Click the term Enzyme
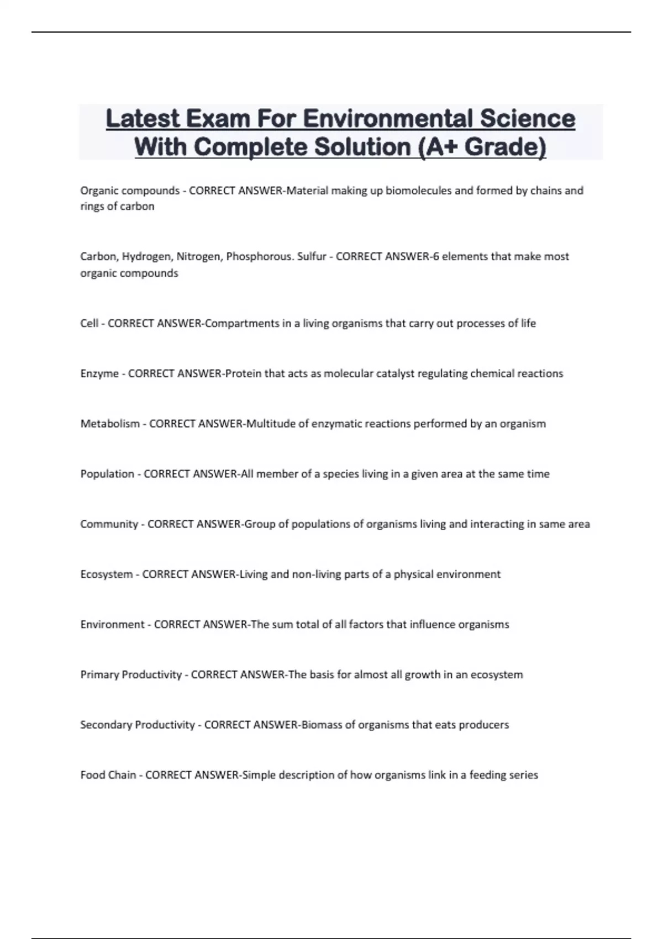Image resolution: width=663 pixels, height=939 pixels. (x=99, y=373)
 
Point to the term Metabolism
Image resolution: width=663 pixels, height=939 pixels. (x=110, y=424)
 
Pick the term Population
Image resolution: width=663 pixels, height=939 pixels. (x=107, y=474)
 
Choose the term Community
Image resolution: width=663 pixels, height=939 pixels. (x=109, y=524)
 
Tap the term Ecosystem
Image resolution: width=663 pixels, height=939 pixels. (x=107, y=574)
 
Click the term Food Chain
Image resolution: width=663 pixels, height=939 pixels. (x=108, y=775)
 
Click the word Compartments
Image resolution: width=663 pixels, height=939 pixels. (x=241, y=323)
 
